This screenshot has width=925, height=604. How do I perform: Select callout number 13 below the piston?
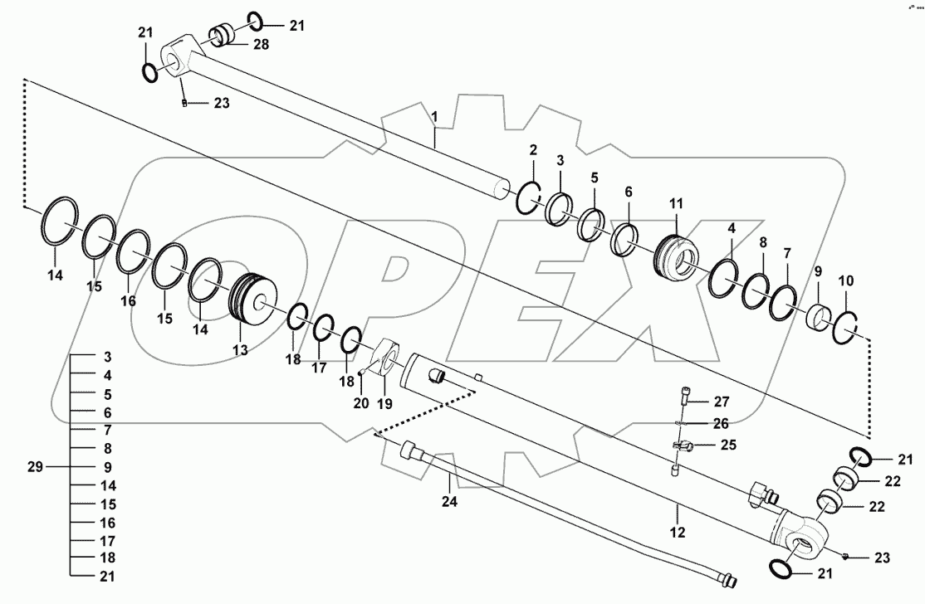click(240, 350)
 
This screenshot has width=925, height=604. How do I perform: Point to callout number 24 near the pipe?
click(449, 501)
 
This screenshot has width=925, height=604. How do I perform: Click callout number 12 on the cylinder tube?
click(678, 531)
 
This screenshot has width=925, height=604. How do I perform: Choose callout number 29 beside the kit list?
click(34, 467)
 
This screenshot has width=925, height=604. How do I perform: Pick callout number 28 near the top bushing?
click(261, 45)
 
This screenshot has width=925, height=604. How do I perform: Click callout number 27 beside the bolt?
click(720, 402)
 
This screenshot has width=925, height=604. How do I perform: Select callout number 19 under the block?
click(384, 403)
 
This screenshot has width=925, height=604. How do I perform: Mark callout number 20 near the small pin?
click(360, 403)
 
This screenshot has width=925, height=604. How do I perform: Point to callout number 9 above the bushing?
click(817, 270)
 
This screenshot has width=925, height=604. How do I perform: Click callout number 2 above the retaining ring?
click(533, 150)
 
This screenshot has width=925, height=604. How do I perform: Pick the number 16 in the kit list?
click(108, 524)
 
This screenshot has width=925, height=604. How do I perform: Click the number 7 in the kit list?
click(108, 431)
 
